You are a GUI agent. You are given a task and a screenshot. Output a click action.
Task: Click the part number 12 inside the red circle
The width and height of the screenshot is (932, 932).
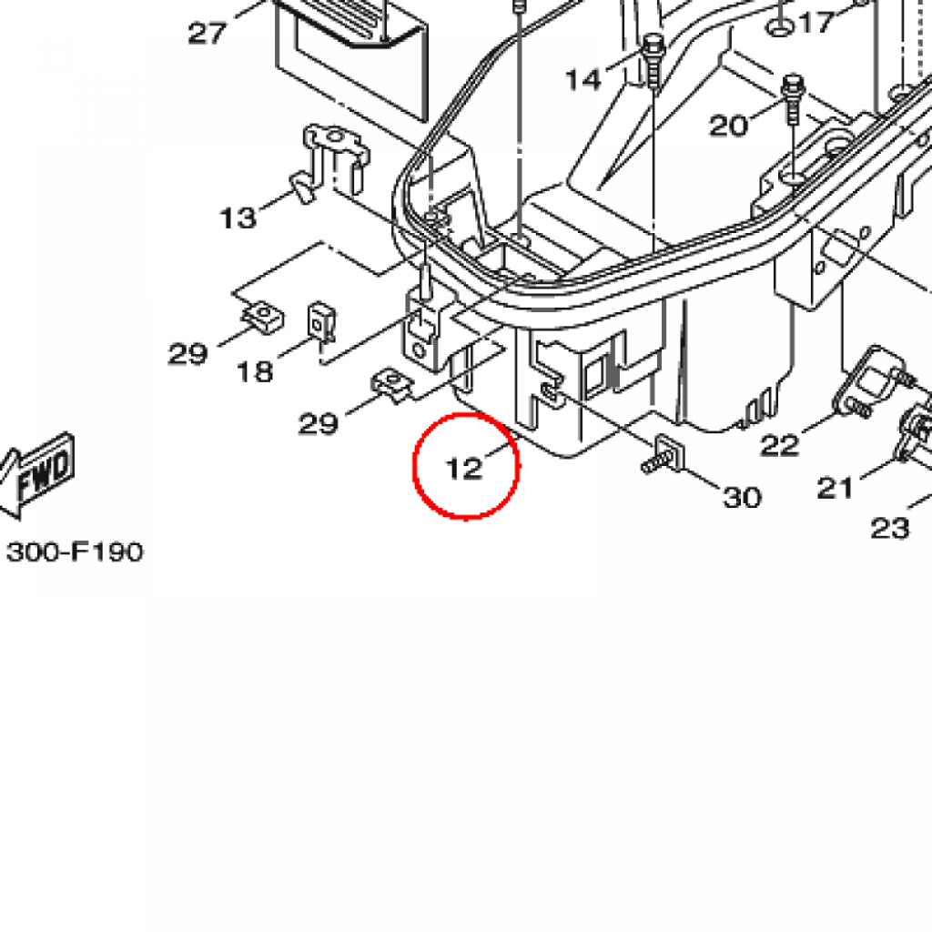(464, 468)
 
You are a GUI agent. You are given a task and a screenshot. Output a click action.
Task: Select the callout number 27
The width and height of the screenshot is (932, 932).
(207, 34)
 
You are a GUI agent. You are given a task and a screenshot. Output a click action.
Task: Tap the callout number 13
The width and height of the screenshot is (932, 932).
(238, 218)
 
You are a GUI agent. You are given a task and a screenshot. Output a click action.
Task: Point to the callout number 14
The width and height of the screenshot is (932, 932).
(583, 79)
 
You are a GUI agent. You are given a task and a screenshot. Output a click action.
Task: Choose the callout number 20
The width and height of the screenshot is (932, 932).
(728, 126)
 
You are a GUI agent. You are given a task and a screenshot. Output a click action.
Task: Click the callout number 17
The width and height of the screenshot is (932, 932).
(815, 22)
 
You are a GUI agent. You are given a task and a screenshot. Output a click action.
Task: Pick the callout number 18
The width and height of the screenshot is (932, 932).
(256, 371)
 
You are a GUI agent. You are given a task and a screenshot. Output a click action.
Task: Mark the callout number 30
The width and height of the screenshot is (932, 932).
(742, 497)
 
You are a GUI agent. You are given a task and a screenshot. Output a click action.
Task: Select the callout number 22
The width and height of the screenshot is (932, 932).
(780, 445)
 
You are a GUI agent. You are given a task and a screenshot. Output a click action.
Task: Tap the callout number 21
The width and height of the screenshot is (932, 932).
(836, 488)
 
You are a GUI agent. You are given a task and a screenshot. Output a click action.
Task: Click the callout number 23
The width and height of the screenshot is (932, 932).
(890, 527)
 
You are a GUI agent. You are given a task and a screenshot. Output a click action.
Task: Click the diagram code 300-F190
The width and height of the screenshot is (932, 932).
(75, 552)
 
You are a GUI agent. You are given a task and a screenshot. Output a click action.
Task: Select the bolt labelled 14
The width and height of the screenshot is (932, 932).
(653, 60)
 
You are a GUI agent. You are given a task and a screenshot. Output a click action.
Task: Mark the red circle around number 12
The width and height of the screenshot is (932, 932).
(466, 415)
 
